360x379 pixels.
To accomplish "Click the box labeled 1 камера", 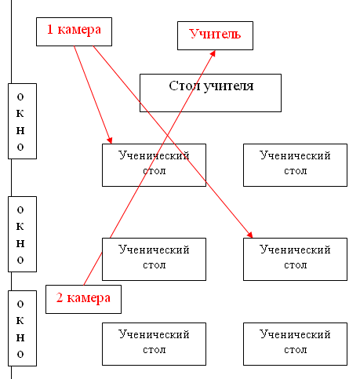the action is (x=74, y=31).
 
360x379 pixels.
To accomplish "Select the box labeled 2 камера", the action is (x=83, y=299).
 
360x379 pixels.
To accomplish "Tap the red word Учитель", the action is (x=215, y=34).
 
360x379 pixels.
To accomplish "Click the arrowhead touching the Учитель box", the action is (x=213, y=53).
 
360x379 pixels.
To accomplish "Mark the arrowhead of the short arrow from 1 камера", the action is (x=110, y=140).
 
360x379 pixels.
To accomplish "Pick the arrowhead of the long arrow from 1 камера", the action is (x=249, y=235).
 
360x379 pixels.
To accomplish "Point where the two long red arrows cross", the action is (x=167, y=135).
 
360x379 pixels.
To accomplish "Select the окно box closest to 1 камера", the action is (x=22, y=121).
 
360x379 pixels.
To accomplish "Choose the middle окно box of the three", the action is (x=22, y=234).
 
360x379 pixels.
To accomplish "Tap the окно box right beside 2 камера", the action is (x=22, y=328).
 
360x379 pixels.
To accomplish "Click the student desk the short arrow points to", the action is (x=154, y=165).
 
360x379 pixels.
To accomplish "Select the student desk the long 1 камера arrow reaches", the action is (x=295, y=259).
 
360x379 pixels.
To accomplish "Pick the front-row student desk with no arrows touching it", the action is (x=295, y=165).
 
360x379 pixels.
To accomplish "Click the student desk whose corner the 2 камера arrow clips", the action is (x=154, y=259).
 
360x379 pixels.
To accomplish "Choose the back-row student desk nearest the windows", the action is (x=154, y=344).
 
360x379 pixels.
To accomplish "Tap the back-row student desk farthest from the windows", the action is (x=295, y=344).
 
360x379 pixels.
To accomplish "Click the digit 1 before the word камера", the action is (x=50, y=29).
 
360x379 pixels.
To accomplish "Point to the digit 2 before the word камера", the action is (x=60, y=297).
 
